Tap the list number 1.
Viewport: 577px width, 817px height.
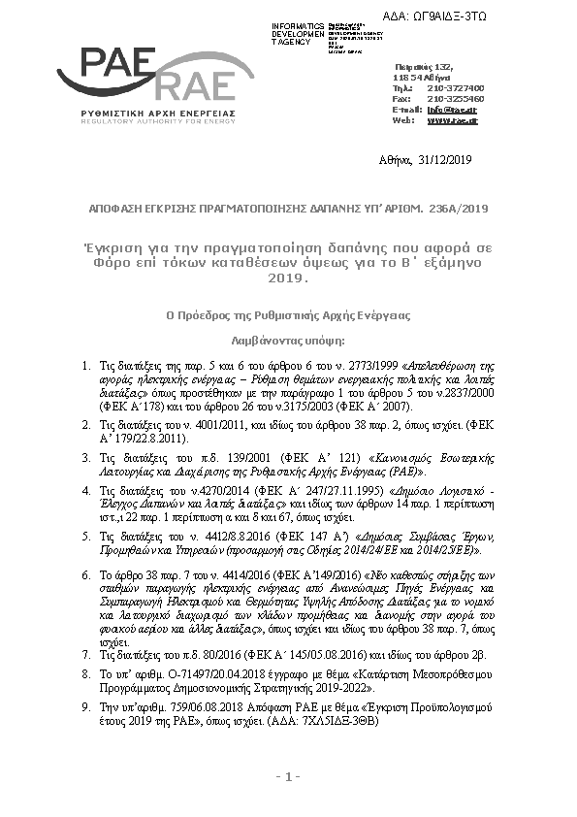point(84,366)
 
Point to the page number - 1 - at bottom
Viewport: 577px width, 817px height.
point(288,777)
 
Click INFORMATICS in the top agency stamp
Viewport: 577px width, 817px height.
point(298,24)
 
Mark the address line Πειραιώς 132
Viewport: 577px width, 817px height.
point(426,64)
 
